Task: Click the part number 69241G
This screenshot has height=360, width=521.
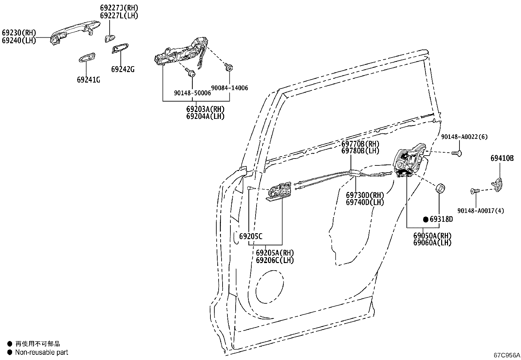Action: coord(88,80)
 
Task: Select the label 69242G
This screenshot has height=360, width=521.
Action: coord(122,69)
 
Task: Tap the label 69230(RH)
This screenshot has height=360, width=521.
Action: coord(19,33)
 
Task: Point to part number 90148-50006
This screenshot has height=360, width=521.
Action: coord(192,93)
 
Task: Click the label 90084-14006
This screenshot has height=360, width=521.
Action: coord(229,88)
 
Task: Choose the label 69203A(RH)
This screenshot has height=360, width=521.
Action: coord(206,109)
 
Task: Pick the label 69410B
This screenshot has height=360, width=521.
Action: coord(502,159)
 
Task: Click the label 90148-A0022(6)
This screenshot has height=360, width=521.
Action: coord(464,137)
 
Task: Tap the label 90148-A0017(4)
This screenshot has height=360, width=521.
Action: coord(480,211)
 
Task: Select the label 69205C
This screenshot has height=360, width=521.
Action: coord(251,236)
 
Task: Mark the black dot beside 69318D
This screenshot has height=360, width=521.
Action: coord(426,219)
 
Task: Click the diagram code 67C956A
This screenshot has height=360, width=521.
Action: coord(507,355)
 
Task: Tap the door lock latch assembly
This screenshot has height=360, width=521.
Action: coord(409,161)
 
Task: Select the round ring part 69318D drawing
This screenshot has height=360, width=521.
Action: coord(441,189)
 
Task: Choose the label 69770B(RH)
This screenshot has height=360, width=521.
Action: coord(360,144)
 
